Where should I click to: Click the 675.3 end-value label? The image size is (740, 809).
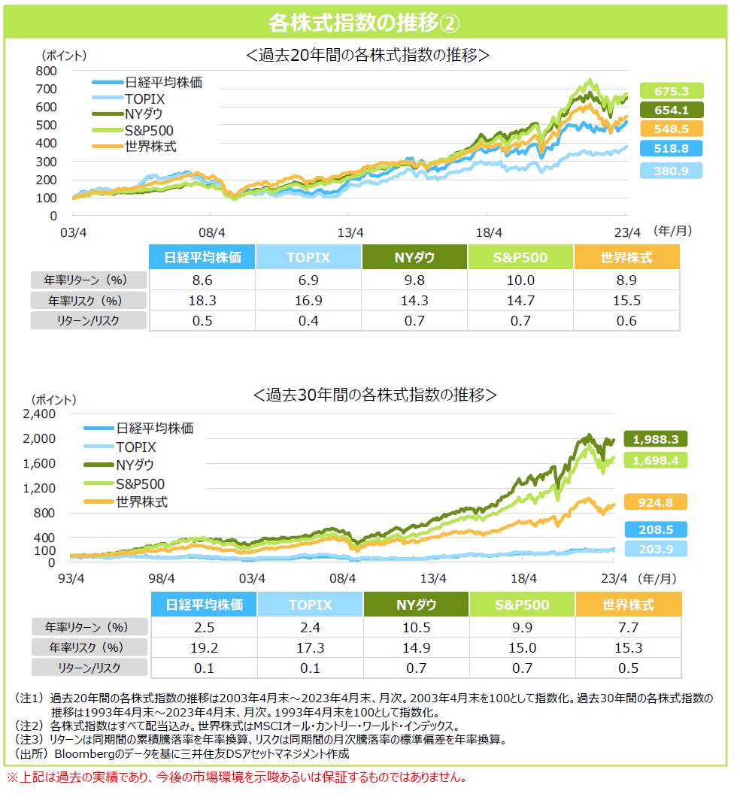click(x=672, y=91)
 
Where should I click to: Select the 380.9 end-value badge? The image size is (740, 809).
click(x=672, y=171)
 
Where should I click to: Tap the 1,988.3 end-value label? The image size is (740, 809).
click(x=657, y=439)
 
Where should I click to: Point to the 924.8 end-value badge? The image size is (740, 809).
click(x=657, y=503)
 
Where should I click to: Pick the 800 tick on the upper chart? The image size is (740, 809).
click(x=47, y=71)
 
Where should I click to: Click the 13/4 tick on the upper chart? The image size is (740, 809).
click(x=350, y=232)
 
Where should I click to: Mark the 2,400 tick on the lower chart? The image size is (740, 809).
click(x=41, y=414)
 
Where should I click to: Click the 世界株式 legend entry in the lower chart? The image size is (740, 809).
click(x=141, y=501)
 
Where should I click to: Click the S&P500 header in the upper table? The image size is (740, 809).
click(x=520, y=258)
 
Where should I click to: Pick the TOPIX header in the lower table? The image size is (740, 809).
click(x=309, y=604)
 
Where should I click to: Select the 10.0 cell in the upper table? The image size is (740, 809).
click(x=520, y=280)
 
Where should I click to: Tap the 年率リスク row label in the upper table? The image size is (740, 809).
click(x=89, y=301)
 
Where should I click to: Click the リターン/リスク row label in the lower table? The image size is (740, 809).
click(x=89, y=668)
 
